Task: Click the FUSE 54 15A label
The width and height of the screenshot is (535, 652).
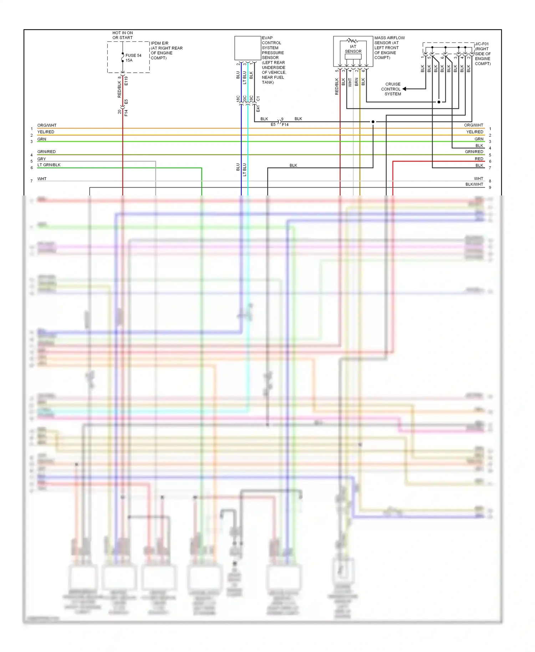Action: [133, 58]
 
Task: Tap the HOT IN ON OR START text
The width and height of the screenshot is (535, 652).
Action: [122, 35]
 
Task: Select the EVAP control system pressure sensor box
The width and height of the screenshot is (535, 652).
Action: [248, 48]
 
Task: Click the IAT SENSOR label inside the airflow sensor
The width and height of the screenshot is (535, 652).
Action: [353, 49]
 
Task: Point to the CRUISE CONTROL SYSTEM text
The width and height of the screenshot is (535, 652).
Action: [392, 89]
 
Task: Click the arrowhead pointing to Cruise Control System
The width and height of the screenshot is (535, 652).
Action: [405, 89]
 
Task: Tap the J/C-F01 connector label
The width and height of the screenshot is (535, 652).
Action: [482, 44]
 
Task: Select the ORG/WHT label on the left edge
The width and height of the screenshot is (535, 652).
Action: [47, 125]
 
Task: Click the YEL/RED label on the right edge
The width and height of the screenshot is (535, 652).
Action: [475, 132]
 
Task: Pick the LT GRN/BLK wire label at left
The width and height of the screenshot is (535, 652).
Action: [49, 165]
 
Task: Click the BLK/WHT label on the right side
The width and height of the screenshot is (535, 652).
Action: [474, 184]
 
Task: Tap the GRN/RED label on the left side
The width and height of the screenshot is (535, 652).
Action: [46, 152]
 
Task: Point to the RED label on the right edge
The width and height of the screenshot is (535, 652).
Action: [479, 159]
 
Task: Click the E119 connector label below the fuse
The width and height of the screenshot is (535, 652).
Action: [126, 81]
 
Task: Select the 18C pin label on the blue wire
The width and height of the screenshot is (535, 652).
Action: [238, 99]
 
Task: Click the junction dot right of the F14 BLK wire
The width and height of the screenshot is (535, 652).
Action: [373, 122]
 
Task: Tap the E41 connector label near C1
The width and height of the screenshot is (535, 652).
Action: [258, 108]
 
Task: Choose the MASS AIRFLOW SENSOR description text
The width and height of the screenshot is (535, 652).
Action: [389, 47]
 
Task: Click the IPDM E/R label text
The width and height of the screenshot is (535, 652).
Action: [159, 43]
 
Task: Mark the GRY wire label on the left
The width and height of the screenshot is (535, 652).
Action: [42, 159]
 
